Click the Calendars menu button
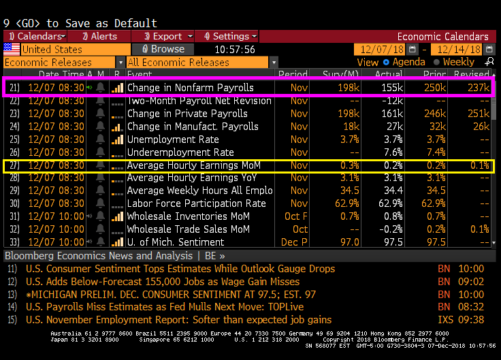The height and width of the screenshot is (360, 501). click(x=35, y=36)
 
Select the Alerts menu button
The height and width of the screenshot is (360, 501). click(x=101, y=36)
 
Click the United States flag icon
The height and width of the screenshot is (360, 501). click(x=12, y=49)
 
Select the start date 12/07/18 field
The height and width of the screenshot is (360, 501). click(x=378, y=49)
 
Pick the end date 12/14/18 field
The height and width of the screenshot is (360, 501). click(x=456, y=49)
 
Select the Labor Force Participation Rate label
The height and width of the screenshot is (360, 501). click(x=196, y=203)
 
